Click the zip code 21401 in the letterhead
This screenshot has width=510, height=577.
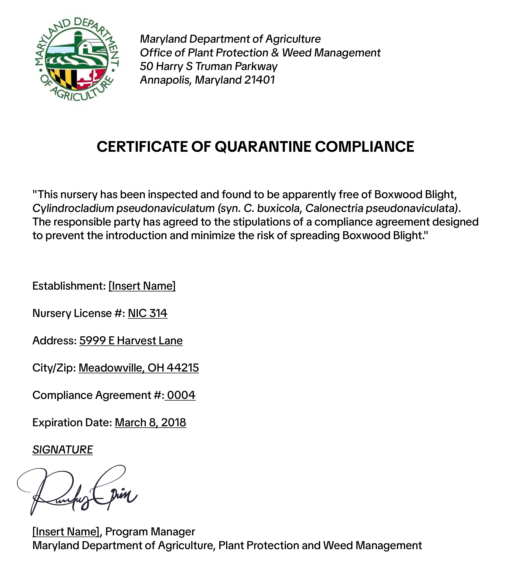[260, 80]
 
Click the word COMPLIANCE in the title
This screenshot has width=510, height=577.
[364, 147]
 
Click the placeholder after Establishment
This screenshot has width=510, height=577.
[142, 286]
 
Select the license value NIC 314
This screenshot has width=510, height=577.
[147, 313]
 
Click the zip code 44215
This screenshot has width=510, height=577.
[183, 368]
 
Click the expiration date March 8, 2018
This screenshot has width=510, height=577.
[150, 423]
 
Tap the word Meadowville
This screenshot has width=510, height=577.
[112, 368]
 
